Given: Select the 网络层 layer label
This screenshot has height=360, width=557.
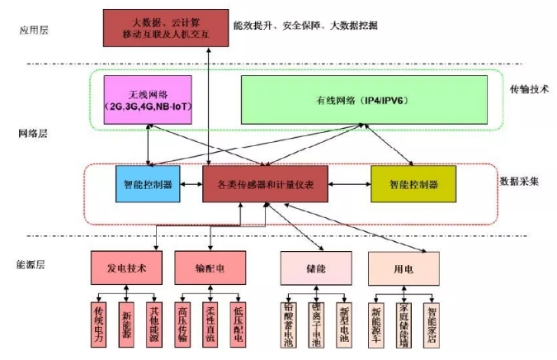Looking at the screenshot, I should [33, 133].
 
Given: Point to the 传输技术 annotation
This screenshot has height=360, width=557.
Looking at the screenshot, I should [527, 88].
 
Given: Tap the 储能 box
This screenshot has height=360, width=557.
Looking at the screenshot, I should [316, 269].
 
